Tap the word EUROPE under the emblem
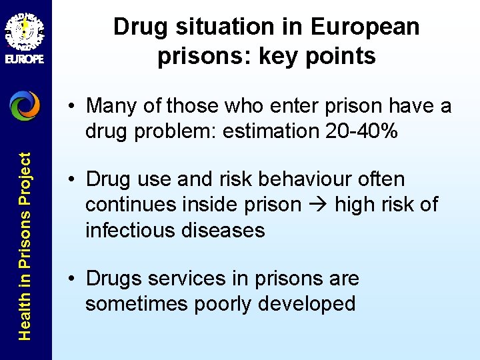(x=25, y=59)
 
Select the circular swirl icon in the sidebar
(x=25, y=105)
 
